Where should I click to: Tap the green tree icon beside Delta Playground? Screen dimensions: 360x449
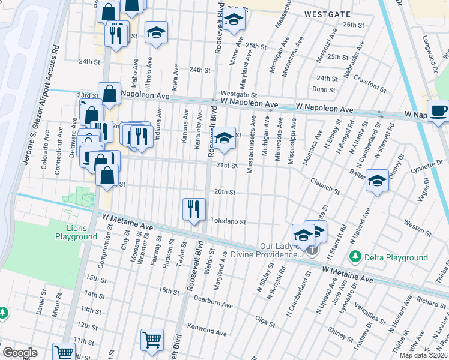(355, 257)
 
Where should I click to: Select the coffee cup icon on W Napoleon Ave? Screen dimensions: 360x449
(438, 110)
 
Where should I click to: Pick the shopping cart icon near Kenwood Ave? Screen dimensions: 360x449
(152, 340)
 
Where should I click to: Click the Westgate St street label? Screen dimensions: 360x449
(238, 94)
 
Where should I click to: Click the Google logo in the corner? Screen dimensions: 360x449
(20, 352)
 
